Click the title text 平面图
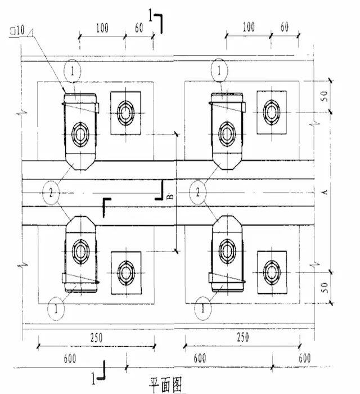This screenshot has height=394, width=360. pyautogui.click(x=166, y=384)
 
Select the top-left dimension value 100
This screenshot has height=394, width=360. pyautogui.click(x=102, y=28)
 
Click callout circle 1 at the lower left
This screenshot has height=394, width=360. pyautogui.click(x=56, y=308)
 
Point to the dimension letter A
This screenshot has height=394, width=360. pyautogui.click(x=324, y=193)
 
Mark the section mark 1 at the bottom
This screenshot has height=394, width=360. pyautogui.click(x=94, y=374)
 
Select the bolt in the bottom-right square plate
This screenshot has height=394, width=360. pyautogui.click(x=273, y=272)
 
